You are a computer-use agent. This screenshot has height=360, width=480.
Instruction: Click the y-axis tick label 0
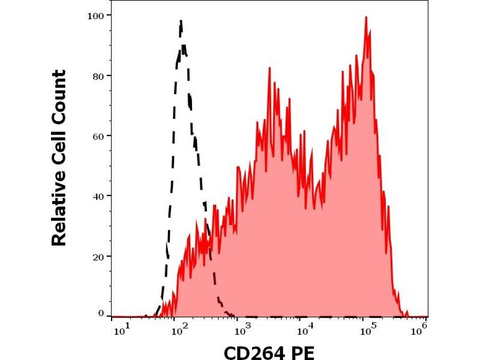(x=100, y=313)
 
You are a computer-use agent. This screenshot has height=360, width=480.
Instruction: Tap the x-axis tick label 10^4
(x=305, y=329)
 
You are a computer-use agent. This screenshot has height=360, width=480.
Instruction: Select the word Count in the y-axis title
(x=58, y=98)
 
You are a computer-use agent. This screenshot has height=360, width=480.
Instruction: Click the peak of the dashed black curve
(x=181, y=22)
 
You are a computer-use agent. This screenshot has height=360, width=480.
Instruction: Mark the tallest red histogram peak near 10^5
(x=366, y=17)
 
